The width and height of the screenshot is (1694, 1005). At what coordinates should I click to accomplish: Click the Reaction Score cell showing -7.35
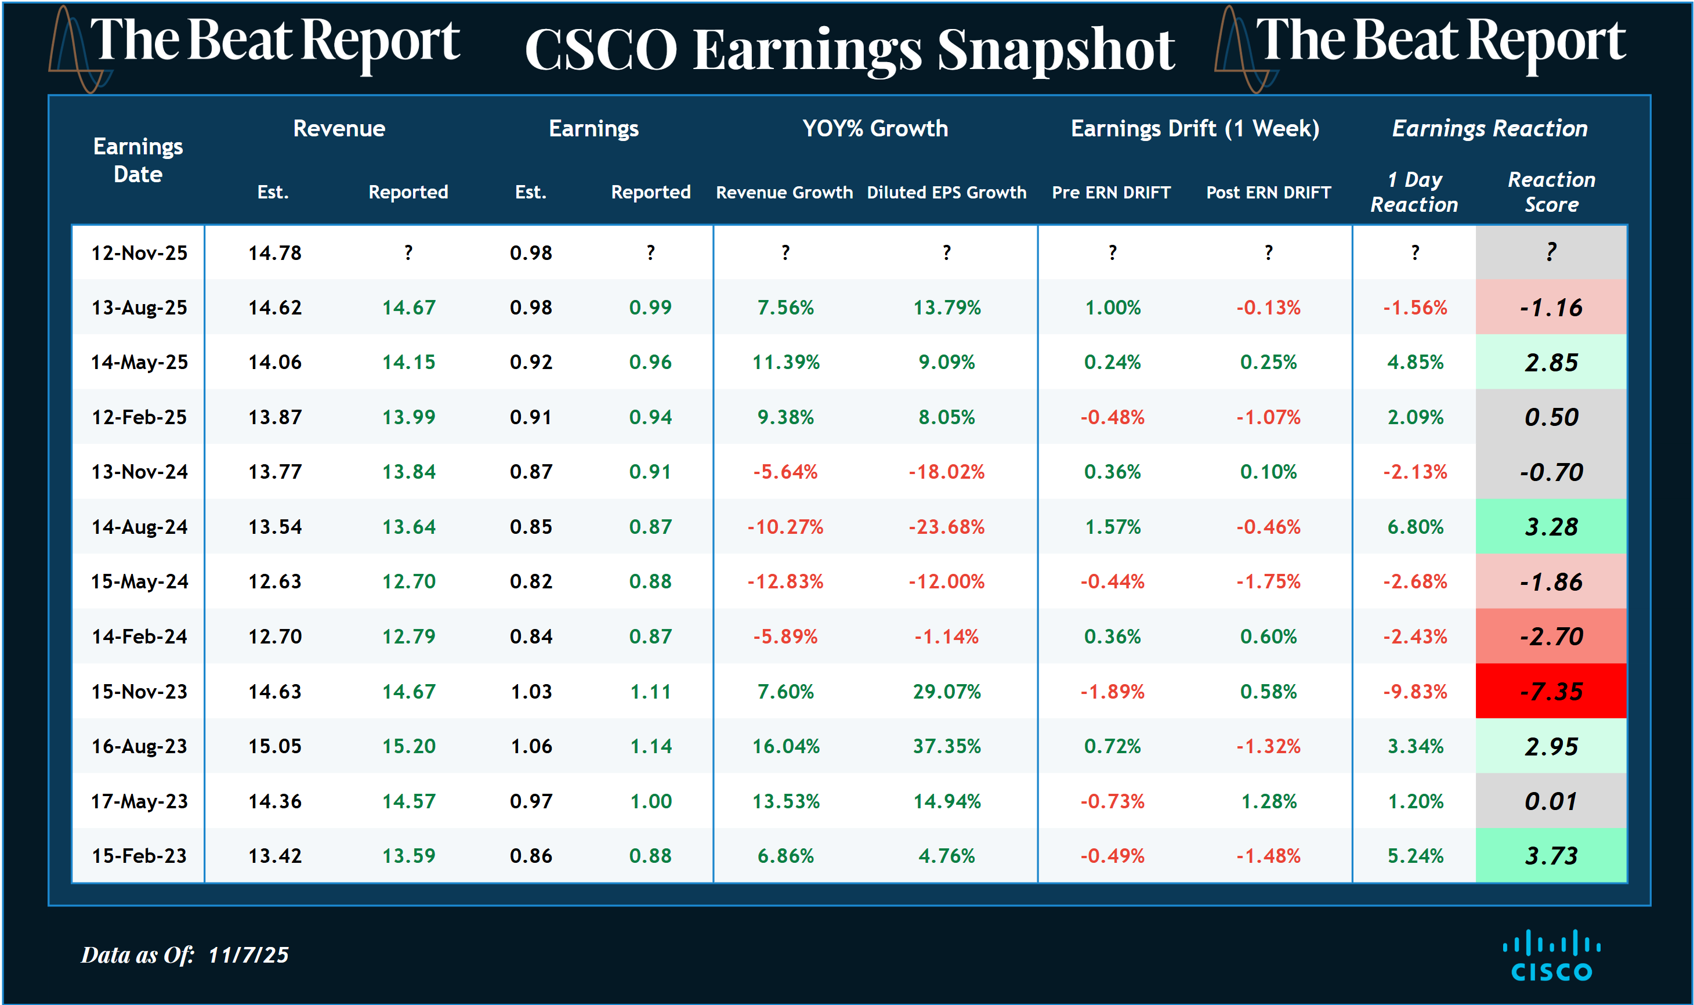tap(1551, 692)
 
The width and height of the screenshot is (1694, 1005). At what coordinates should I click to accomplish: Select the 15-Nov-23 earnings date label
tap(139, 692)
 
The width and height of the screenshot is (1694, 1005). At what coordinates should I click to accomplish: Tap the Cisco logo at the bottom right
tap(1551, 956)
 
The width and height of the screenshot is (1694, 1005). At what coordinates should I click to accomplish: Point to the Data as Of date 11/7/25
tap(248, 955)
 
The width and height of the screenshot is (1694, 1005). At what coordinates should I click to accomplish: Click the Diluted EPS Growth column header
tap(947, 192)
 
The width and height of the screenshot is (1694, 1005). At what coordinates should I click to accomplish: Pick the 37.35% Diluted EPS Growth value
tap(947, 746)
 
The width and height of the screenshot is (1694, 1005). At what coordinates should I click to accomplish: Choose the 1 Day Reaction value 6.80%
tap(1415, 527)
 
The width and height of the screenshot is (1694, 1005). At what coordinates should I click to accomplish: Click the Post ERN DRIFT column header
tap(1268, 192)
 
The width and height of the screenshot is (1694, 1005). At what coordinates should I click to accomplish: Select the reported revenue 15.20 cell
tap(408, 746)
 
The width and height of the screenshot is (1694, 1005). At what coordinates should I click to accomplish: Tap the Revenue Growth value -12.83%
tap(786, 582)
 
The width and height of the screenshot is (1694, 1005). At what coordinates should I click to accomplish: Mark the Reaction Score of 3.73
tap(1551, 856)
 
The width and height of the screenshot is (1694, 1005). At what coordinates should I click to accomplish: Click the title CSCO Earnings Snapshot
tap(850, 50)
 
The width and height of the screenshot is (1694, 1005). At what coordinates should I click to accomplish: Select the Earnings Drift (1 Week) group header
tap(1195, 128)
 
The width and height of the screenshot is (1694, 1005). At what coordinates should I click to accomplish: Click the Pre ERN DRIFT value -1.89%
tap(1112, 692)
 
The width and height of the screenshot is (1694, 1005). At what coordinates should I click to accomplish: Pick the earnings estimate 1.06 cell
tap(531, 746)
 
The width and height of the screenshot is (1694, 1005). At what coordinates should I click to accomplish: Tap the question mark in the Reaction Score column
tap(1551, 252)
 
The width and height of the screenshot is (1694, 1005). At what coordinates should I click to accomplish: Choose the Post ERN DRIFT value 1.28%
tap(1268, 801)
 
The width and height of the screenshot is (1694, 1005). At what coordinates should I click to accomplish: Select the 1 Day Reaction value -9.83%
tap(1415, 692)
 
